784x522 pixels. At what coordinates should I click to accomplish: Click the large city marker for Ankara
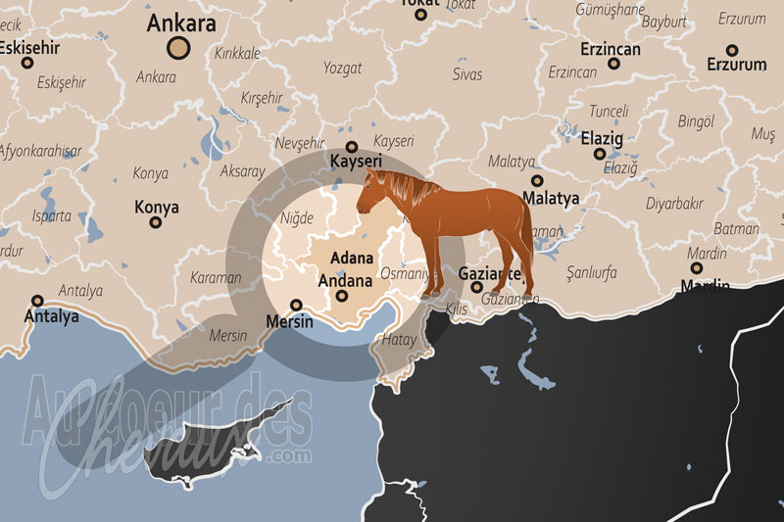[178, 45]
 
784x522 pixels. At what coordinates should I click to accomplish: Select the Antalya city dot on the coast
[38, 301]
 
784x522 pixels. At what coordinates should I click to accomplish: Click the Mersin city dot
[296, 305]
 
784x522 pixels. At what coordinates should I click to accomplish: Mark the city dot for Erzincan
[613, 64]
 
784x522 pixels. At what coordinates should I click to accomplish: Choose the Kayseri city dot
[351, 146]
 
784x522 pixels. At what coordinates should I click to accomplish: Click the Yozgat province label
[343, 69]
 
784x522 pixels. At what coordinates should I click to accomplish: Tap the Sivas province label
[467, 74]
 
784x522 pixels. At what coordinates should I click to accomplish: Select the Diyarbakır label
[674, 204]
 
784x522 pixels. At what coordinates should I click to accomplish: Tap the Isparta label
[52, 215]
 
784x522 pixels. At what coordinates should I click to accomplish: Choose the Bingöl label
[696, 121]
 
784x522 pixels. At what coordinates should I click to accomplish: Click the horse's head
[371, 191]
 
